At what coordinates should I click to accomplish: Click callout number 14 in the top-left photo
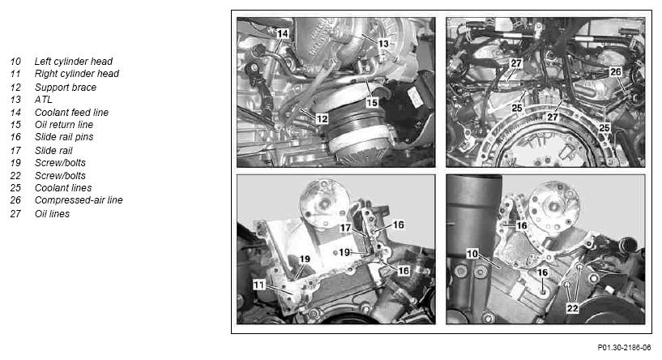pyautogui.click(x=283, y=33)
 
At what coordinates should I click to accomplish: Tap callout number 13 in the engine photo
pyautogui.click(x=383, y=44)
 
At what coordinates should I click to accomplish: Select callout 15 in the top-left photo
pyautogui.click(x=372, y=103)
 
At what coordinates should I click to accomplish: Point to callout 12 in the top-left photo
pyautogui.click(x=322, y=118)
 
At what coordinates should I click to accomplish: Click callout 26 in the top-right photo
pyautogui.click(x=616, y=72)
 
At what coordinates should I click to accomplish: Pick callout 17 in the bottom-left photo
pyautogui.click(x=346, y=228)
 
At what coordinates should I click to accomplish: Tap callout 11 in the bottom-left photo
pyautogui.click(x=258, y=285)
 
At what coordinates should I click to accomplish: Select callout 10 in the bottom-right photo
pyautogui.click(x=472, y=254)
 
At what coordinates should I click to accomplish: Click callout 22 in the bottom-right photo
pyautogui.click(x=572, y=308)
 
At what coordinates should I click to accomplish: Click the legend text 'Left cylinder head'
pyautogui.click(x=74, y=62)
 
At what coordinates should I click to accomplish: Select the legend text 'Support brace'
pyautogui.click(x=66, y=88)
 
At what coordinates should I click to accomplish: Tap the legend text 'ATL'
pyautogui.click(x=44, y=100)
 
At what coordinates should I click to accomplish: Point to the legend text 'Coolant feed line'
pyautogui.click(x=71, y=113)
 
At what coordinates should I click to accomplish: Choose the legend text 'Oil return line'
pyautogui.click(x=64, y=125)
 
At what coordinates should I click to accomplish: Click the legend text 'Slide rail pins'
pyautogui.click(x=64, y=137)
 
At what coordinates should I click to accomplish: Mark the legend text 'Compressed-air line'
pyautogui.click(x=79, y=200)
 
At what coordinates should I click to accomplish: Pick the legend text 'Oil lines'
pyautogui.click(x=52, y=214)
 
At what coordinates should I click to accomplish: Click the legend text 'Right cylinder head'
pyautogui.click(x=76, y=74)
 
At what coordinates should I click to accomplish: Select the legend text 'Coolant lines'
pyautogui.click(x=63, y=187)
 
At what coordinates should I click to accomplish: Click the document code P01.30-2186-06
pyautogui.click(x=624, y=347)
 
